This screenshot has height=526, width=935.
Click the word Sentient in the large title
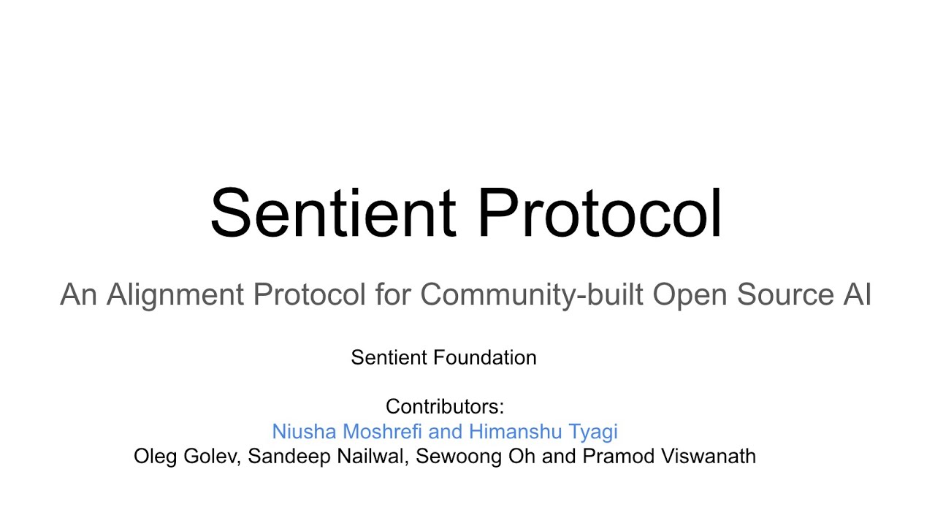click(332, 213)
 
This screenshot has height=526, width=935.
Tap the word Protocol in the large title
click(599, 213)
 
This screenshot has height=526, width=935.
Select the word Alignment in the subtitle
click(175, 294)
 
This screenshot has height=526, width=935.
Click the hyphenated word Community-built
click(532, 294)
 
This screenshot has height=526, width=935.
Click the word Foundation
click(485, 357)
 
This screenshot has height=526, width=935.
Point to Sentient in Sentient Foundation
click(389, 357)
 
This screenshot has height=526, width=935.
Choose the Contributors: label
click(445, 406)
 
